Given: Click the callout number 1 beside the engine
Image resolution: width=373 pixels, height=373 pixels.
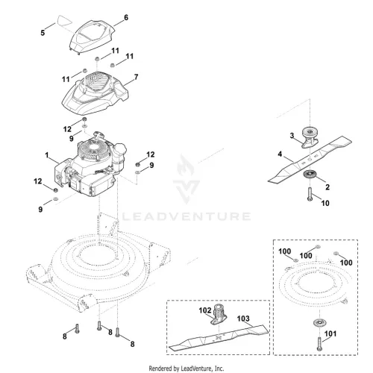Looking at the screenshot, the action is (x=47, y=155).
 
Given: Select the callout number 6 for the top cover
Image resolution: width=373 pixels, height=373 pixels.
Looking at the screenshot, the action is (x=126, y=18).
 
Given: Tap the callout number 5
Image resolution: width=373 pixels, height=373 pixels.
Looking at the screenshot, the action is (x=43, y=33).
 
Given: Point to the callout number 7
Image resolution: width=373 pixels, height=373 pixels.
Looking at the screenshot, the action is (x=136, y=77).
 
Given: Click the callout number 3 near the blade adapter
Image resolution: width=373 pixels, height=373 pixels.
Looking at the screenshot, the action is (x=292, y=136).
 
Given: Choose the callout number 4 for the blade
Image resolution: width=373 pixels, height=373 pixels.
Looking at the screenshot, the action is (x=280, y=154).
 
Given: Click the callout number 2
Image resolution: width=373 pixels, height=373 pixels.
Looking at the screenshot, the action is (x=327, y=187).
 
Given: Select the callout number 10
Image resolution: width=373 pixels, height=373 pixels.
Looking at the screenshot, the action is (x=325, y=204).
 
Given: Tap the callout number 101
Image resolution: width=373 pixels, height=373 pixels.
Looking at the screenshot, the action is (x=330, y=333).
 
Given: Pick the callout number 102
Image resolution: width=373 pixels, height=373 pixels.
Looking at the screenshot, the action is (x=205, y=310).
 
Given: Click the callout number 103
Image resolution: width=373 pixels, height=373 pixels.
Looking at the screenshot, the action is (x=243, y=319).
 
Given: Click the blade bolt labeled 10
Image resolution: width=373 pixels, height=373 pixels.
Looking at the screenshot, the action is (x=310, y=194).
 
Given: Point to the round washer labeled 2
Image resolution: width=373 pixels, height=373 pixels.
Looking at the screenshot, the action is (x=310, y=174).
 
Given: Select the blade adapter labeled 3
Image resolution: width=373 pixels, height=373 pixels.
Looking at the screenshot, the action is (x=310, y=137).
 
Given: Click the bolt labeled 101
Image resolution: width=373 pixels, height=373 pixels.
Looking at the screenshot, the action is (x=319, y=344).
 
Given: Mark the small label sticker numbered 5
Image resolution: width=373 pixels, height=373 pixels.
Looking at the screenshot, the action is (x=65, y=21).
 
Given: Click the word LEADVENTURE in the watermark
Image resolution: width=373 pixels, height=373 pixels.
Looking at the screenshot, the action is (x=186, y=216).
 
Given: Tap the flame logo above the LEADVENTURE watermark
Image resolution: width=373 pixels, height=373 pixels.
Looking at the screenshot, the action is (x=186, y=165).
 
